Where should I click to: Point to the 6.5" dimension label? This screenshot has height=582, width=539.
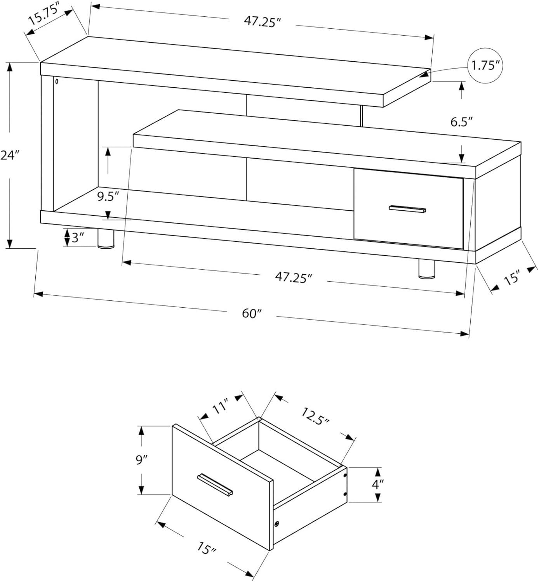[x=462, y=121]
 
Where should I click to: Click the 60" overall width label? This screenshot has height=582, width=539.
[x=252, y=314]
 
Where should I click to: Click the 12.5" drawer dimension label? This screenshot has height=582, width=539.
[x=315, y=416]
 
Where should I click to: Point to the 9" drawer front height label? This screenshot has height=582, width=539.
[x=141, y=460]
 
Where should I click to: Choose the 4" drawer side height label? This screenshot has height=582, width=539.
[x=377, y=484]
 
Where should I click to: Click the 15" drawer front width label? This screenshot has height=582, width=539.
[x=207, y=548]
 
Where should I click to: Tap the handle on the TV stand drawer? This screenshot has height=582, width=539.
[x=407, y=209]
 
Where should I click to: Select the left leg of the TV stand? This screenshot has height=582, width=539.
[x=106, y=239]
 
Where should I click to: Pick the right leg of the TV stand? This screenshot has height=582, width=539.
[x=427, y=268]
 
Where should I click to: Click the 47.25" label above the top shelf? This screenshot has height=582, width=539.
[x=263, y=22]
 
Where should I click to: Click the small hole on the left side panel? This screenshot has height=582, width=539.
[x=57, y=81]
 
